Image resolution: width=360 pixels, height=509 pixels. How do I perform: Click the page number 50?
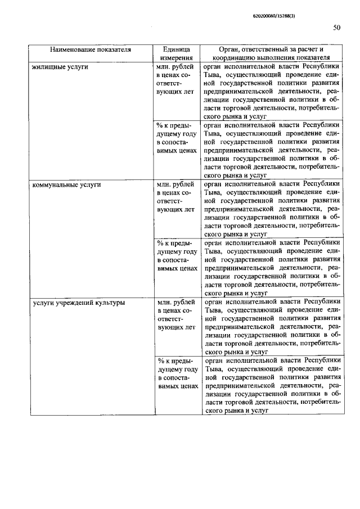click(x=336, y=27)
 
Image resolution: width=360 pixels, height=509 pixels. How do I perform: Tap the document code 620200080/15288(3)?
click(x=271, y=15)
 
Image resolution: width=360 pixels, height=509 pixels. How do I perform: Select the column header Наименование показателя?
click(x=89, y=49)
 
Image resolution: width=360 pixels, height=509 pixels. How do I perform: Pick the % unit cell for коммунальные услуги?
click(x=177, y=255)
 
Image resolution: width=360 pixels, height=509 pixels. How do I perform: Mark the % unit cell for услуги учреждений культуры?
click(x=177, y=373)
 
